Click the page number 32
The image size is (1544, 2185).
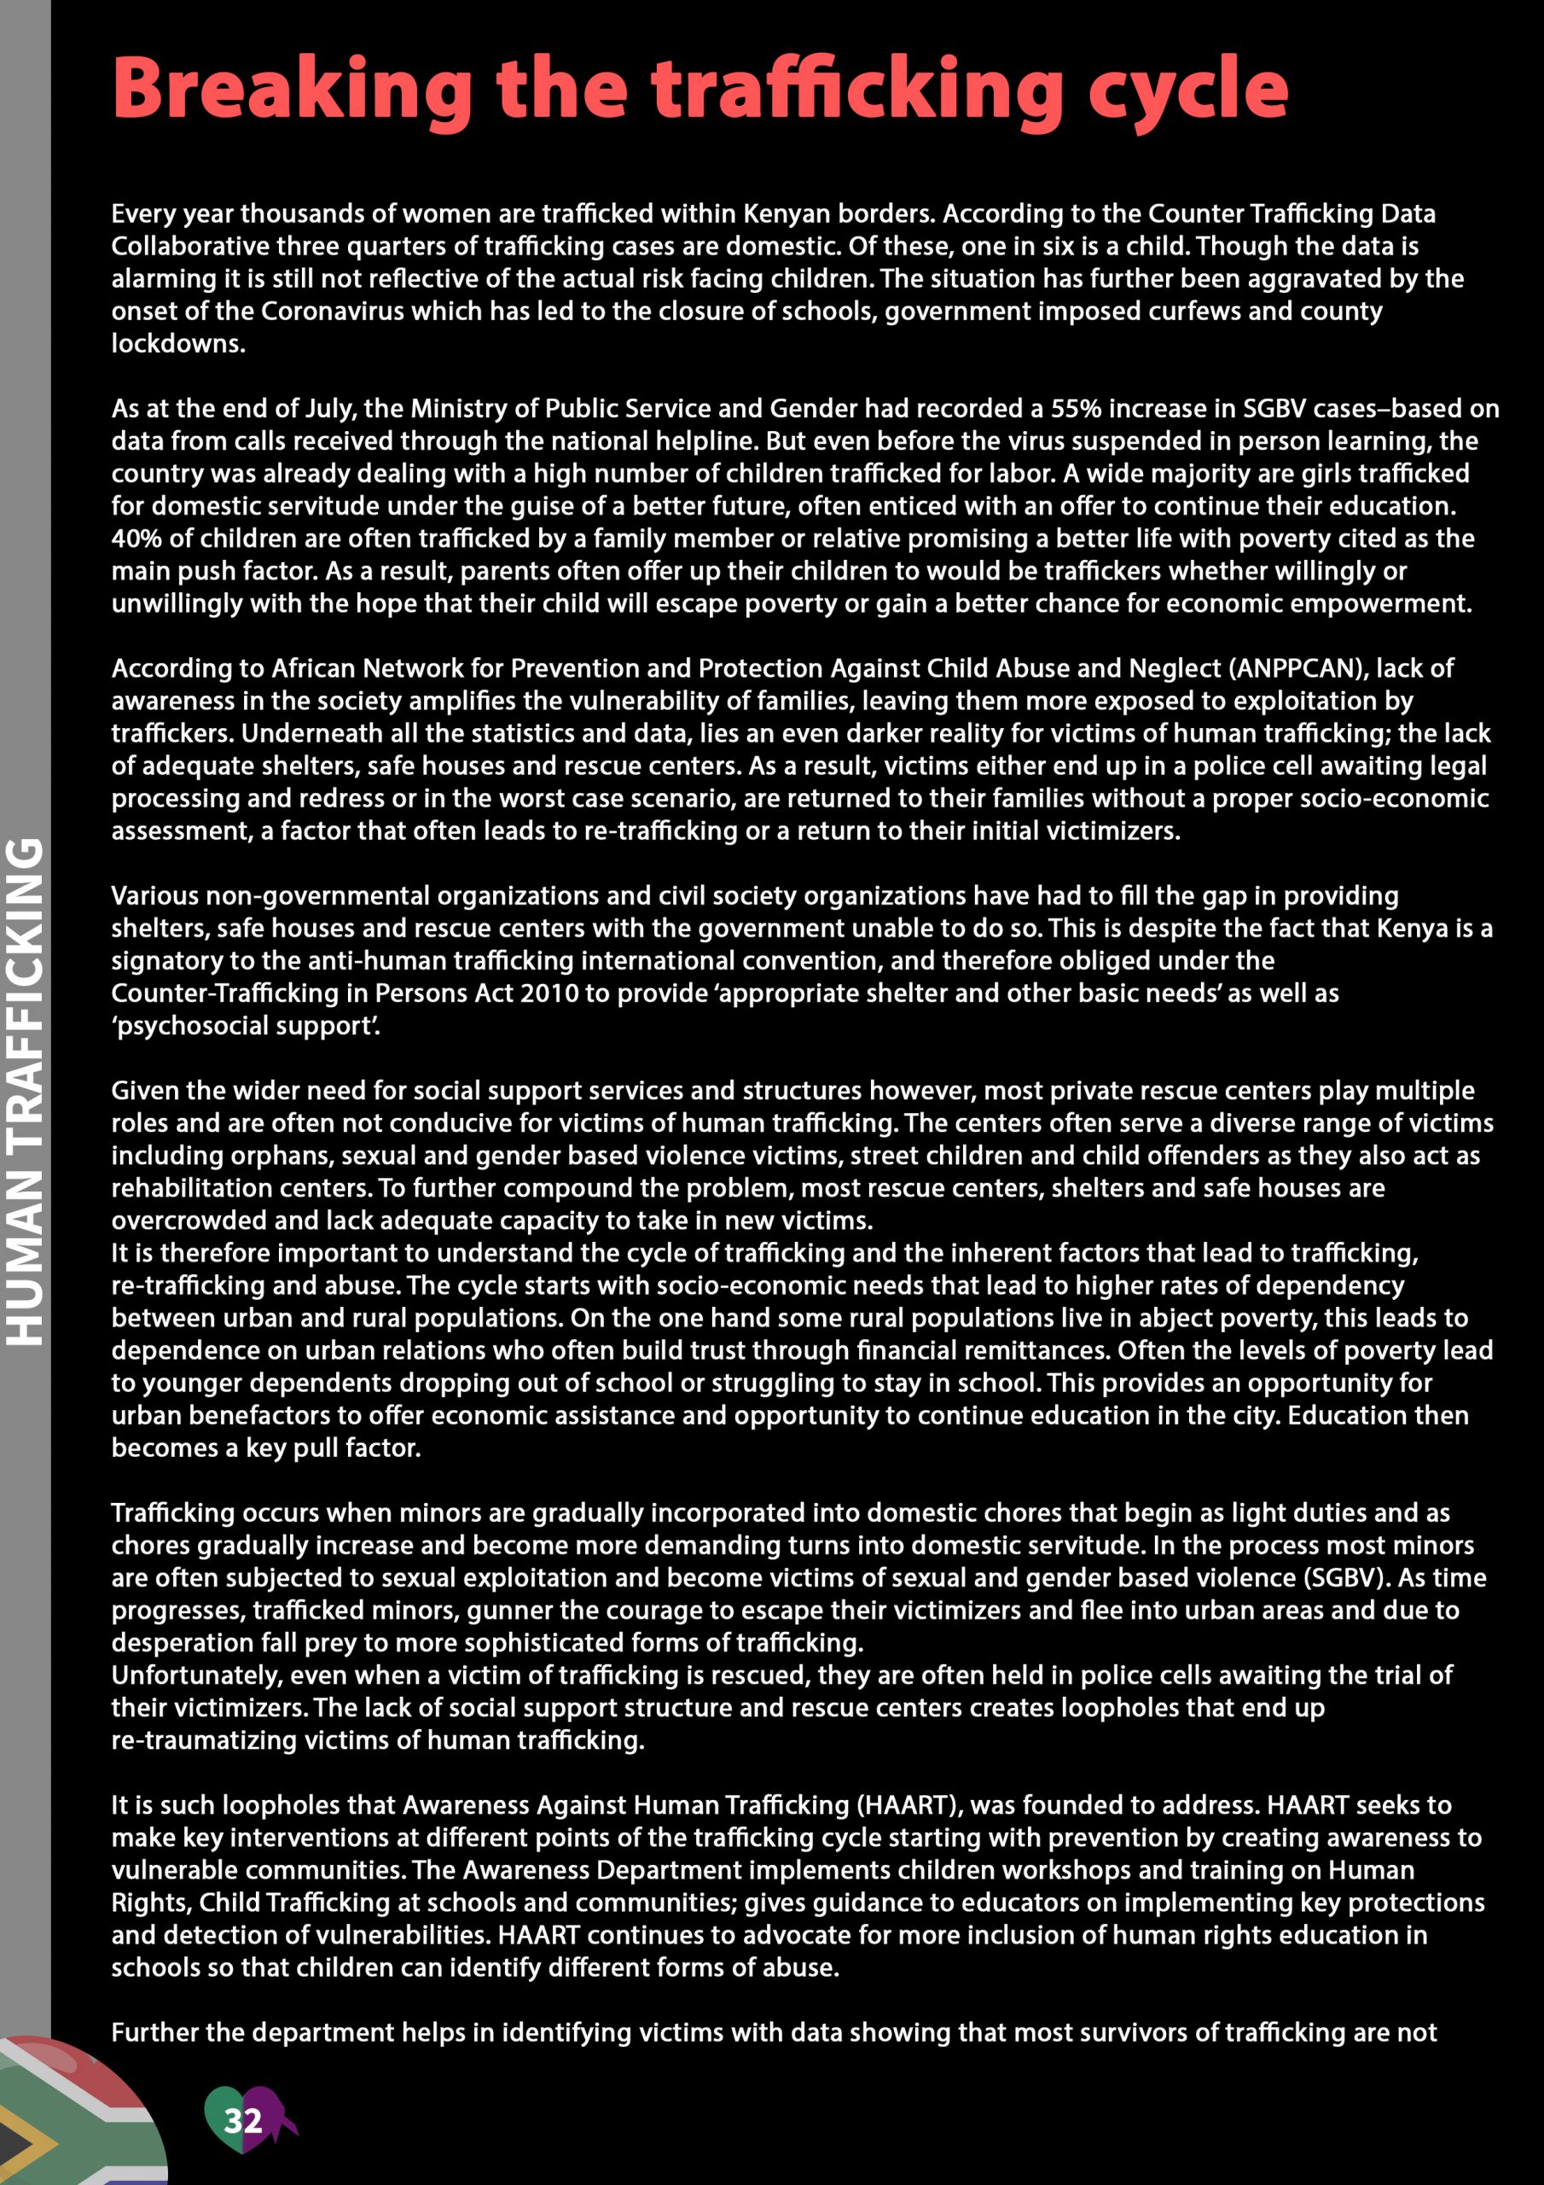242,2119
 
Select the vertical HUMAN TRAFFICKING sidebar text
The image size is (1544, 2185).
26,1091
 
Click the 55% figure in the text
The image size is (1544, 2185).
1076,408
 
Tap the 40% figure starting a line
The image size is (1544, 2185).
137,538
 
